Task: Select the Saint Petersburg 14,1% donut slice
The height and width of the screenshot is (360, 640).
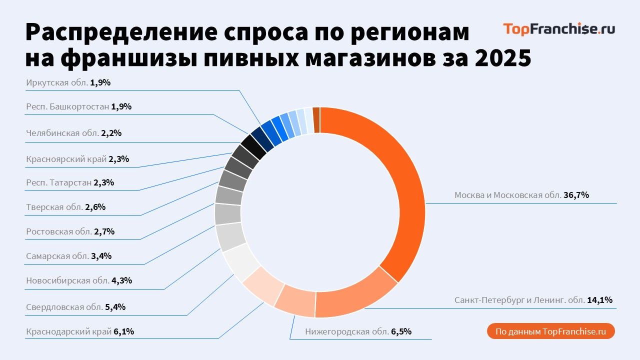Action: click(356, 298)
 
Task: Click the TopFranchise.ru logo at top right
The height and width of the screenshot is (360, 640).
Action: click(559, 29)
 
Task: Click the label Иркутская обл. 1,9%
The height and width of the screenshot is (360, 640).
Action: click(67, 83)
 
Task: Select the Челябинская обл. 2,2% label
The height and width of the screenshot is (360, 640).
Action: click(73, 133)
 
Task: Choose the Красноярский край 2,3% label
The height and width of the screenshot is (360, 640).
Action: click(77, 159)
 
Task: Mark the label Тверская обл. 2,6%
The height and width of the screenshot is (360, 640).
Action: click(65, 207)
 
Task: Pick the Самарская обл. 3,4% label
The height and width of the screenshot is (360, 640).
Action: click(68, 256)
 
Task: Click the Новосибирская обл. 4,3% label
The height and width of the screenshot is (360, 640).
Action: click(78, 280)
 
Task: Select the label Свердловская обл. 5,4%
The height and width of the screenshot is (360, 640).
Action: click(75, 307)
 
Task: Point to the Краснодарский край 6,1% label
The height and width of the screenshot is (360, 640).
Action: click(79, 331)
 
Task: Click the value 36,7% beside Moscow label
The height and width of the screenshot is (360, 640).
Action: click(576, 195)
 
